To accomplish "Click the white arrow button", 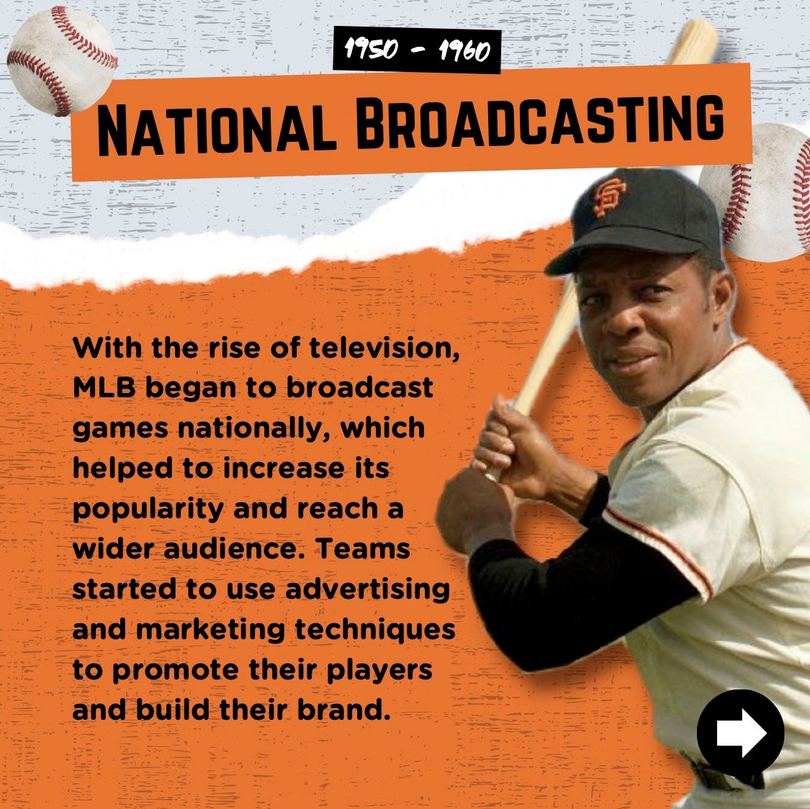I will (x=740, y=732).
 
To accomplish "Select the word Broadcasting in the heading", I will (x=539, y=123).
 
